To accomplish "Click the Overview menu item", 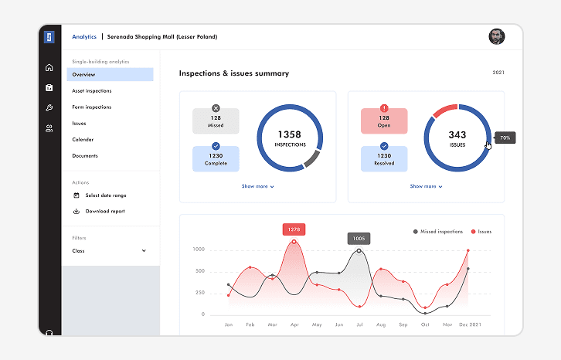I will [84, 75].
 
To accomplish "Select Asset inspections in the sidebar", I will [92, 91].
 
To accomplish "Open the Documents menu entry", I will [85, 156].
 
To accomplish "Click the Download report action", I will [104, 212].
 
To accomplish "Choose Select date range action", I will [105, 195].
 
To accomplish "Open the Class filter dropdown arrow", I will [144, 251].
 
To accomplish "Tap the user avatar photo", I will [496, 36].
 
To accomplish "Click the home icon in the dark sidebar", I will [49, 68].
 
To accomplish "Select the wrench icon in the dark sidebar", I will [49, 108].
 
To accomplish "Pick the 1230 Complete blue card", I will [216, 158].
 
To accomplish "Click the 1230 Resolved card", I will [384, 158].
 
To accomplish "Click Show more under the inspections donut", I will [257, 186].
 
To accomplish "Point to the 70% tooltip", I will [505, 138].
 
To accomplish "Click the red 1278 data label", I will [294, 229].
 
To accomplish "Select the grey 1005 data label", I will [359, 239].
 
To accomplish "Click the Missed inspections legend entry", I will [438, 232].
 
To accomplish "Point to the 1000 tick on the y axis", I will [199, 250].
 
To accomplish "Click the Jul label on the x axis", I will [359, 325].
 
